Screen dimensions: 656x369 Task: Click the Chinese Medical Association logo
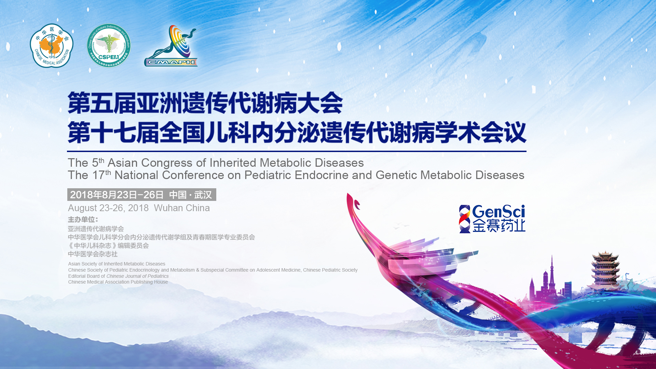point(52,45)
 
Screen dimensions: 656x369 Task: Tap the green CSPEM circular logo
point(109,45)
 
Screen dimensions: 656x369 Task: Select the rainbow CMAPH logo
point(171,45)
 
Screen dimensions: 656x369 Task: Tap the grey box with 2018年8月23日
point(141,195)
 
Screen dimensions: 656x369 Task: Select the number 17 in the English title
point(98,175)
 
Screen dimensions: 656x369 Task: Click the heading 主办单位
point(83,220)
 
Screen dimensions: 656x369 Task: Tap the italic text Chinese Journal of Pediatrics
point(137,276)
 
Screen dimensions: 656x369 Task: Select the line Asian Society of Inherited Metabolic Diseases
point(117,264)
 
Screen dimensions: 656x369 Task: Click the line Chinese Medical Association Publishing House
point(118,282)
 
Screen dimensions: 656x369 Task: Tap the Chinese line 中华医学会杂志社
point(93,254)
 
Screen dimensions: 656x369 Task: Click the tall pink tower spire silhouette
point(551,273)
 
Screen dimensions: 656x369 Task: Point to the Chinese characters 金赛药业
point(499,226)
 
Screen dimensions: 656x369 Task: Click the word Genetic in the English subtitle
point(396,175)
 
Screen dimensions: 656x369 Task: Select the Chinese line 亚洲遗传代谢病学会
point(96,229)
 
